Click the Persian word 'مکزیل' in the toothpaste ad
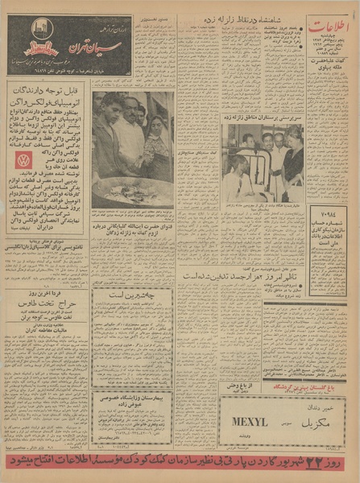pyautogui.click(x=312, y=419)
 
